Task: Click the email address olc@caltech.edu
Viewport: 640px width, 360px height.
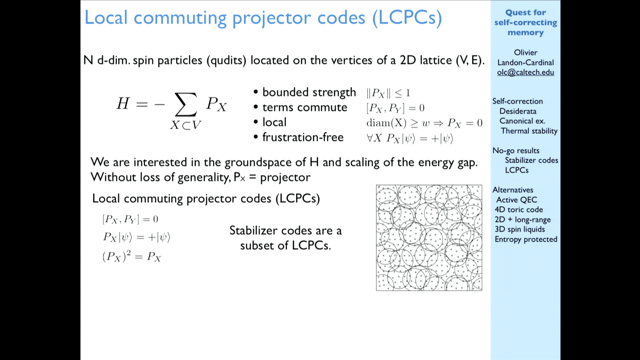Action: [525, 72]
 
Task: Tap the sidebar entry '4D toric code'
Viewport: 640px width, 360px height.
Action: [519, 209]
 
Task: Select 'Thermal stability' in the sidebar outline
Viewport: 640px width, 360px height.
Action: [529, 131]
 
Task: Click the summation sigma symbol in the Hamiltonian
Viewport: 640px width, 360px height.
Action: [186, 104]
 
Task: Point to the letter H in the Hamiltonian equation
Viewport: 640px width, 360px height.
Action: [123, 103]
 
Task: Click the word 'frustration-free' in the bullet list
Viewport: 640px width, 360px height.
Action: [303, 137]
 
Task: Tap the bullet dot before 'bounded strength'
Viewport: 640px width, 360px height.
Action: [256, 92]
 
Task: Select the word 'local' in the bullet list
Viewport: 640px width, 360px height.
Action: [274, 122]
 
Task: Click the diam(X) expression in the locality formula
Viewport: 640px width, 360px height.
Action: [386, 123]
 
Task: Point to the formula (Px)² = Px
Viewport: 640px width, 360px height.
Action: [132, 256]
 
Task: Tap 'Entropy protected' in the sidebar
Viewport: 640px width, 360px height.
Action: [526, 239]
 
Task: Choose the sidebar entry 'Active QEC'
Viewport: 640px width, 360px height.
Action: [517, 200]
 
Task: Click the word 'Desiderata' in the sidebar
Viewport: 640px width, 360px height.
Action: [518, 111]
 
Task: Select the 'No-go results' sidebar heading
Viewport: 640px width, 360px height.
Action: [516, 151]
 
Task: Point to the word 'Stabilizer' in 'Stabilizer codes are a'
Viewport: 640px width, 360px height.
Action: [254, 230]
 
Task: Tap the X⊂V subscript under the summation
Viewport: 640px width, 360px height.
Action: [186, 125]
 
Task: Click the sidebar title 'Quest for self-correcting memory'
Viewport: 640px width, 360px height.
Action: [526, 22]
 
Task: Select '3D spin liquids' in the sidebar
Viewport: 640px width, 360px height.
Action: [520, 229]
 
